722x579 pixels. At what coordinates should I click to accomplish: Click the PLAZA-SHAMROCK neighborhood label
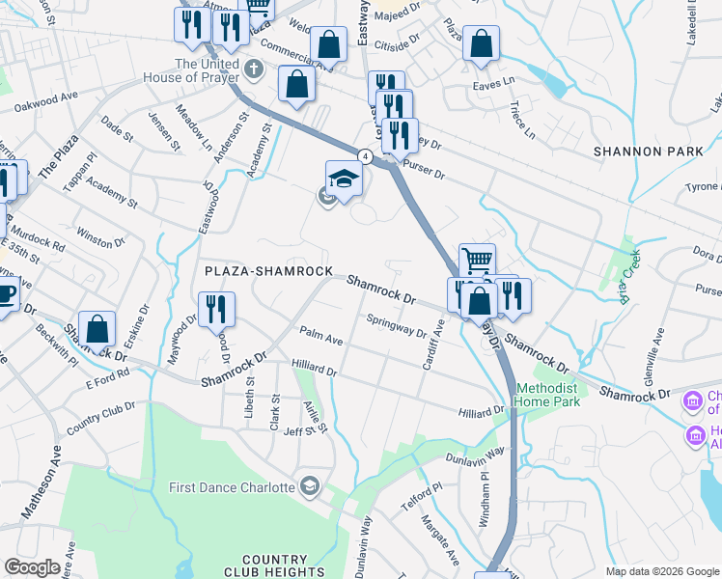[267, 272]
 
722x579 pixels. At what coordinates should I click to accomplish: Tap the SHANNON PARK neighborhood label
[642, 152]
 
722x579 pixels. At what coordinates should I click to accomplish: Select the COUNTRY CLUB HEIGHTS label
[275, 566]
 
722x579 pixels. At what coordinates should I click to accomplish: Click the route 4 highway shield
[365, 155]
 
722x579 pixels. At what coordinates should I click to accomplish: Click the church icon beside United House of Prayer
[253, 69]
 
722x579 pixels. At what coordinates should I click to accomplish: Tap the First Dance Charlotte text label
[232, 487]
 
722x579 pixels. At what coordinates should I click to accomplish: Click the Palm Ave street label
[321, 337]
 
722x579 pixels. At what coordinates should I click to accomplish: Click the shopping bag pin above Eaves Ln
[481, 44]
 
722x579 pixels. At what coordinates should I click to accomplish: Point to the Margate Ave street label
[439, 538]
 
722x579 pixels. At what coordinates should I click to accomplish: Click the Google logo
[32, 567]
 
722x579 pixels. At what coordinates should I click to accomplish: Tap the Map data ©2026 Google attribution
[661, 571]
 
